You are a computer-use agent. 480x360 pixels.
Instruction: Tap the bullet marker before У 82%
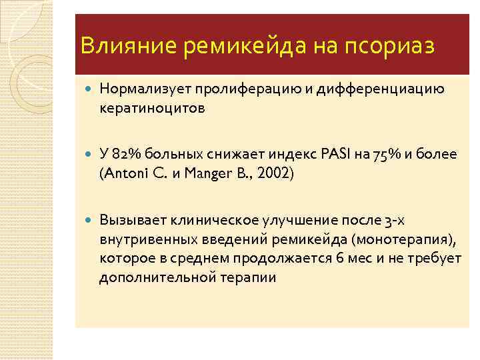(x=89, y=155)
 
